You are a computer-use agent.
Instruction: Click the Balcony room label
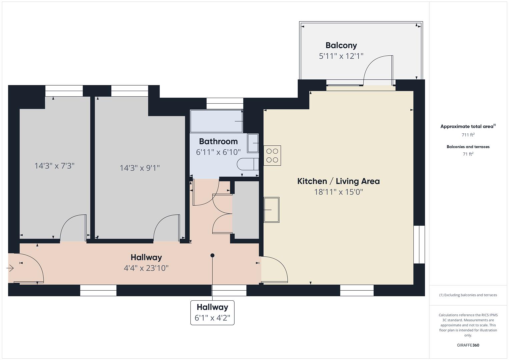click(341, 45)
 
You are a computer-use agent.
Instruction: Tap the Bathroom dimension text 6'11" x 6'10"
click(218, 152)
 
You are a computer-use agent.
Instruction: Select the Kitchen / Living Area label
click(338, 181)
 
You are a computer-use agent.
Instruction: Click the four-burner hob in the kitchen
click(272, 156)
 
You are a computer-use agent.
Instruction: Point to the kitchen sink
click(271, 210)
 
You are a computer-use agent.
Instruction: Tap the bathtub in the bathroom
click(216, 121)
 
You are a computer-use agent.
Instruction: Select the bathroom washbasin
click(253, 143)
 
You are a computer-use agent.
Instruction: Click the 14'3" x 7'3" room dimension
click(54, 166)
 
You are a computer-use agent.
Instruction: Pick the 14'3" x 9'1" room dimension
click(140, 168)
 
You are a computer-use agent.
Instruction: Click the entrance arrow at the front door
click(10, 268)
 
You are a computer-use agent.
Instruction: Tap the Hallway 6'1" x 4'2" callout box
click(212, 313)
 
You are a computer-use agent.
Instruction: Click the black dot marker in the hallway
click(212, 255)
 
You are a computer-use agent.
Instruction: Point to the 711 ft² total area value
click(468, 135)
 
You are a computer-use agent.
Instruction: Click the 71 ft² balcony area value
click(468, 154)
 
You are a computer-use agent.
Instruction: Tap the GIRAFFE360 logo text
click(468, 345)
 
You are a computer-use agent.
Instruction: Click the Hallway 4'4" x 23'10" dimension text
click(146, 268)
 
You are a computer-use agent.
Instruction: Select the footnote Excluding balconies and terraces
click(468, 295)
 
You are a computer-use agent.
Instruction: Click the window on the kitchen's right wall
click(419, 244)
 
